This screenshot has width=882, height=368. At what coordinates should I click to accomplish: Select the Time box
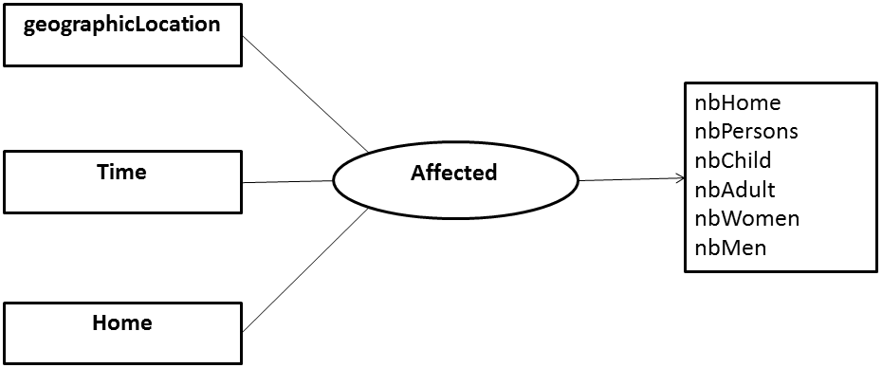(122, 183)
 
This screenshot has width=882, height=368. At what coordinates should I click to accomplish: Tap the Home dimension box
(122, 333)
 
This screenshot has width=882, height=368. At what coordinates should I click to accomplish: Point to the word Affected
(453, 173)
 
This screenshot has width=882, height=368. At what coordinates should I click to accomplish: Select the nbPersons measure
(745, 131)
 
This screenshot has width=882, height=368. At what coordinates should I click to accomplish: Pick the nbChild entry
(733, 160)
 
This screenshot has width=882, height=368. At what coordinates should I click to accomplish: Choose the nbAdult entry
(735, 189)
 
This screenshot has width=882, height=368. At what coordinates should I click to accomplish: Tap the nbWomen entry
(746, 218)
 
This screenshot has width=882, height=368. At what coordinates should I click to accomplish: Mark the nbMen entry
(730, 248)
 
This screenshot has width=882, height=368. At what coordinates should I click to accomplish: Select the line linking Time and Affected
(287, 182)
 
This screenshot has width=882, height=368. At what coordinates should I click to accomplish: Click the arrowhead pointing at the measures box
(679, 177)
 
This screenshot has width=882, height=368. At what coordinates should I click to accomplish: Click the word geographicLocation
(121, 25)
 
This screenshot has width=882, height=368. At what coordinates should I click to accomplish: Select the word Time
(121, 172)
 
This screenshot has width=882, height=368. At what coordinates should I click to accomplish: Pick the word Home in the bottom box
(121, 322)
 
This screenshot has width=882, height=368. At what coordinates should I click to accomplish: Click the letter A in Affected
(417, 173)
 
